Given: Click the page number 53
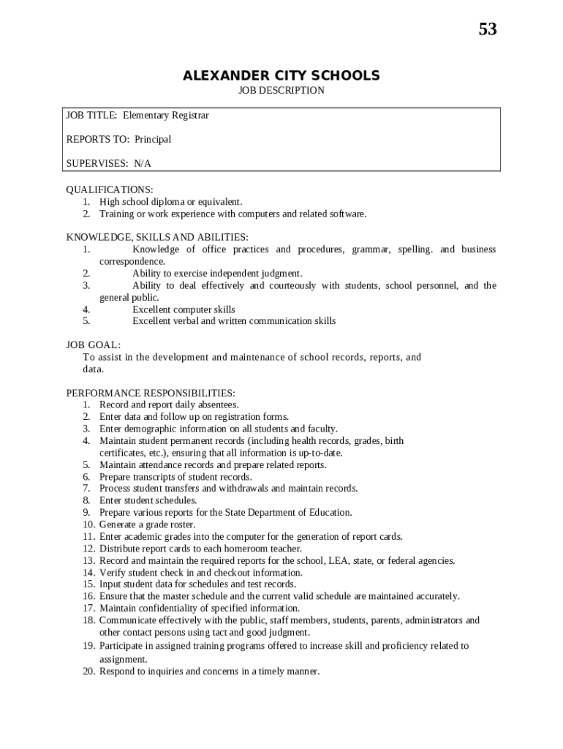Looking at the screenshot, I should point(488,29).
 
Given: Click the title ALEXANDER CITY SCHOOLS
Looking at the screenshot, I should point(281,76).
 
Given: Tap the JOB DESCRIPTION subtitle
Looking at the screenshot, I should point(281,91).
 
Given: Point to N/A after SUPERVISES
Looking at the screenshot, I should point(143,163).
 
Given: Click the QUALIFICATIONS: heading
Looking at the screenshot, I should point(110,189).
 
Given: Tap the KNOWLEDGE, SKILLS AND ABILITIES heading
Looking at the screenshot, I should point(157,238).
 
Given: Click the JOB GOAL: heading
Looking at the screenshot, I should point(94,345).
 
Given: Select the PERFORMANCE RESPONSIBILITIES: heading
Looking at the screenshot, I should point(151,393).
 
